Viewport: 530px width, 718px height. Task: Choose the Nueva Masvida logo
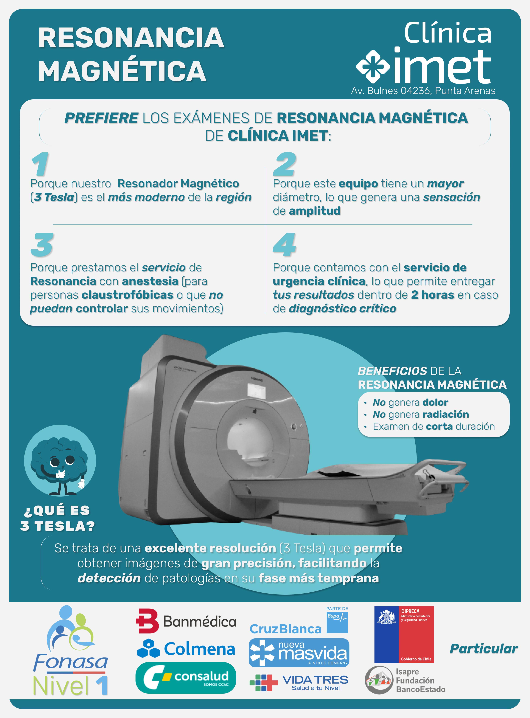click(299, 653)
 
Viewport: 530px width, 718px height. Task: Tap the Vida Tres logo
click(299, 682)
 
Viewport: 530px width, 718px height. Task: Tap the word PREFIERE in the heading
click(101, 118)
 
